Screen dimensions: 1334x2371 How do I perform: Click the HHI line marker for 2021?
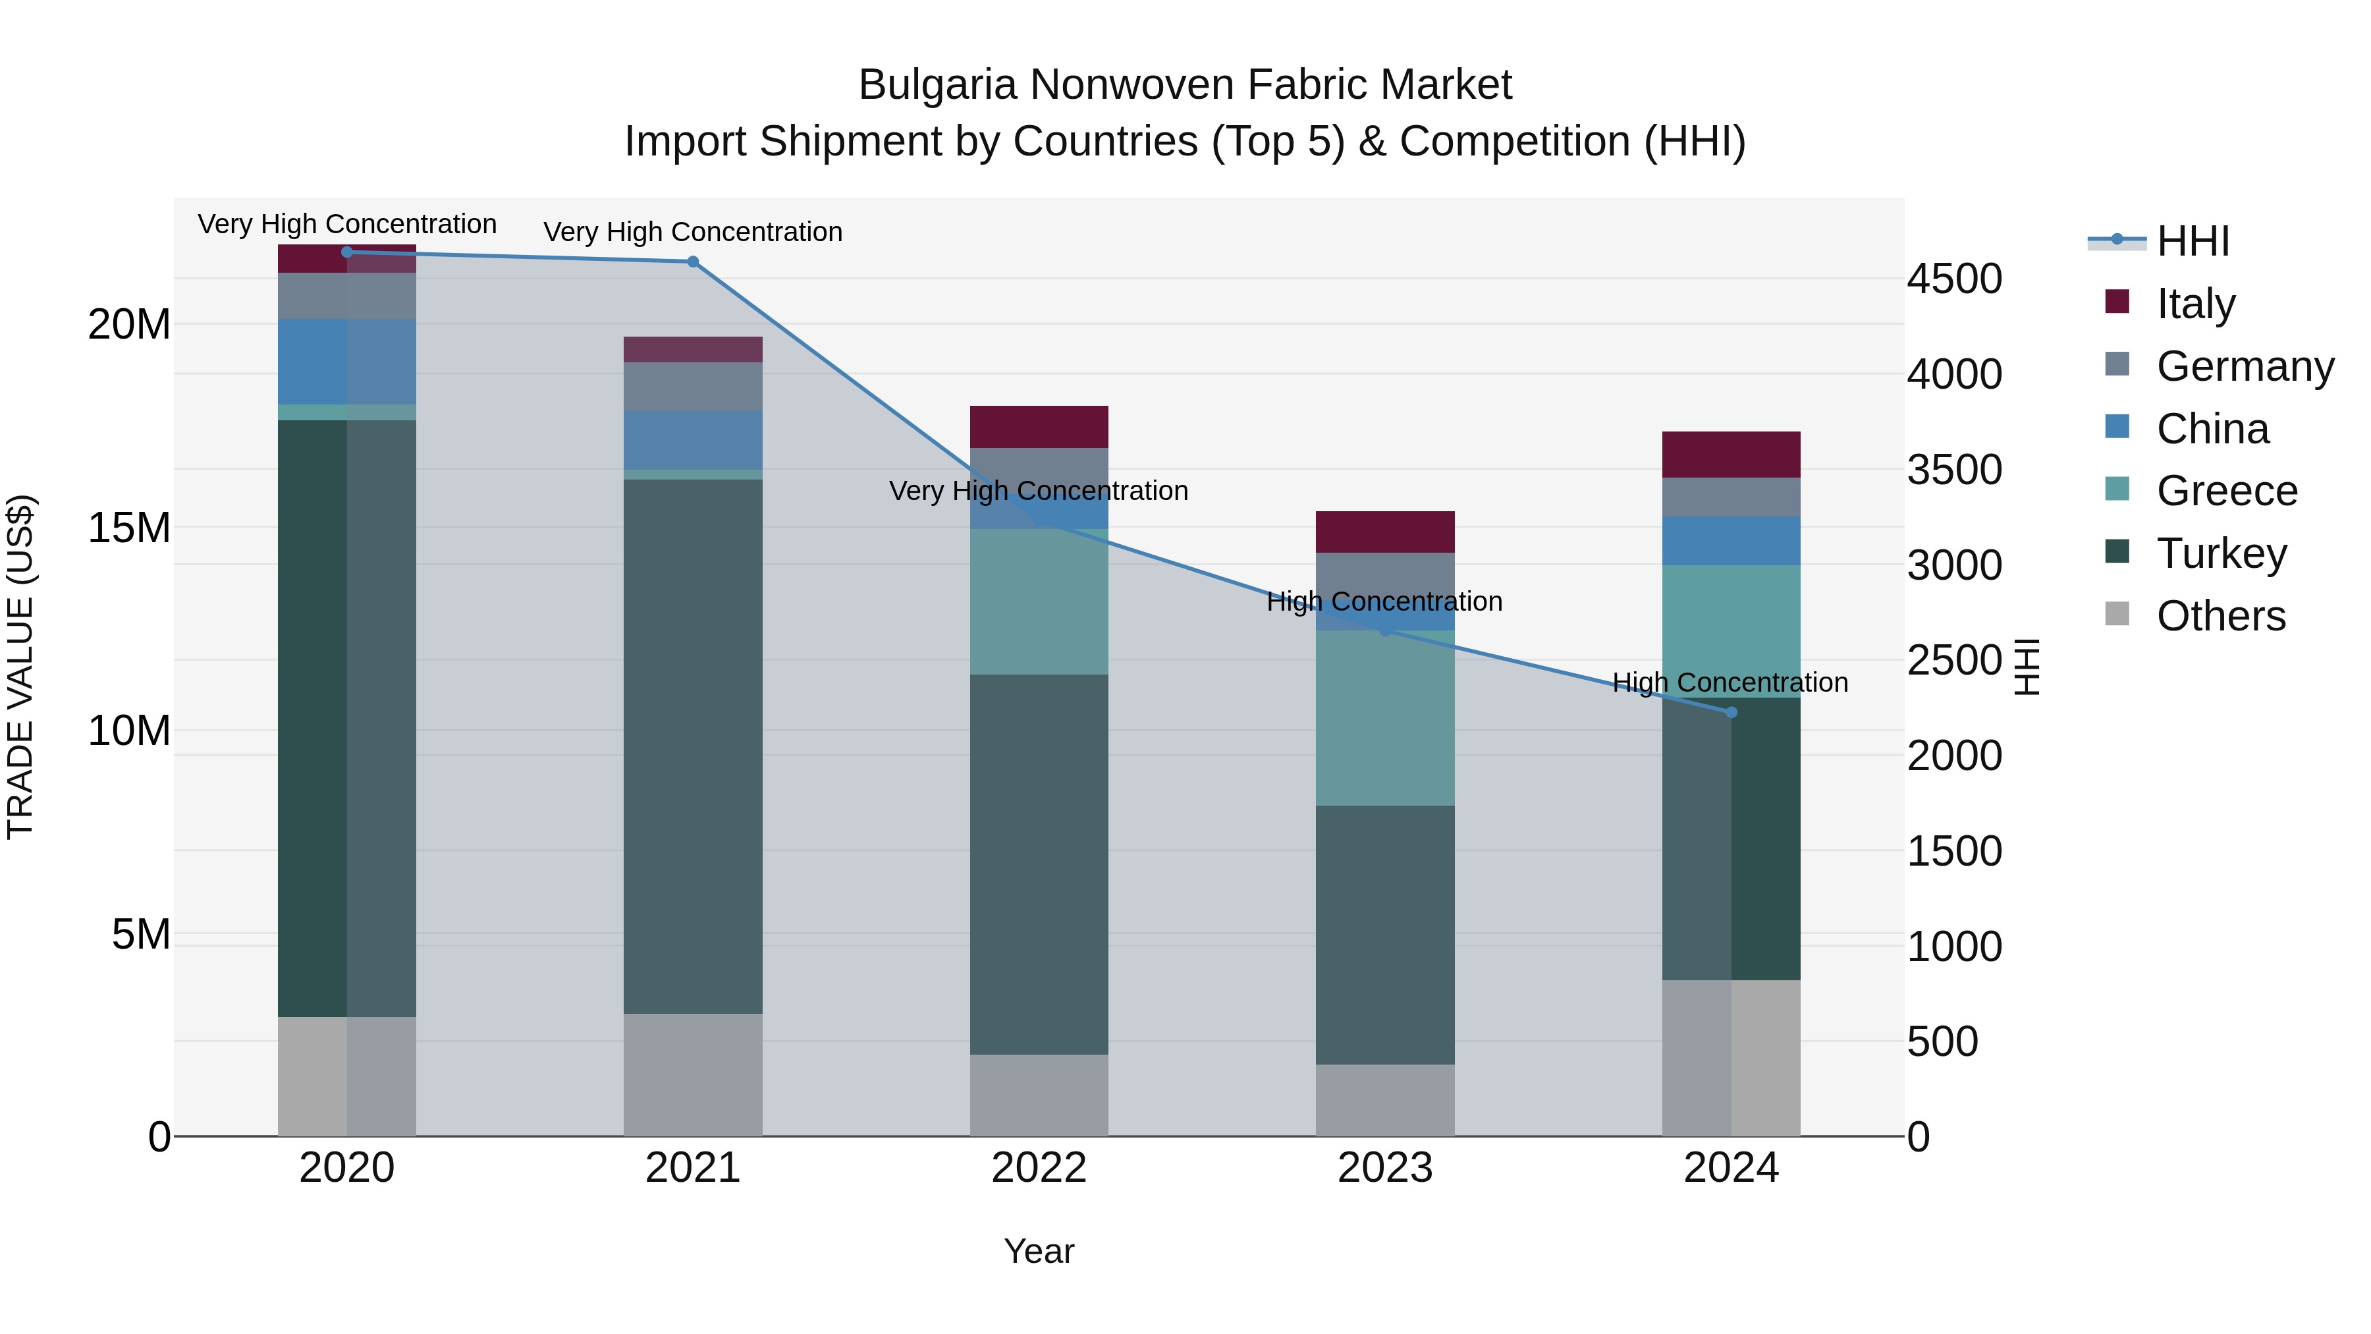coord(693,262)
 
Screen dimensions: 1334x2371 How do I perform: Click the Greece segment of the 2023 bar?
coord(1384,718)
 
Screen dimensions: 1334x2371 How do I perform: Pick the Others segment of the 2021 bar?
coord(693,1074)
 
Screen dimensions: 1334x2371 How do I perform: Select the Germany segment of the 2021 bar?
coord(693,386)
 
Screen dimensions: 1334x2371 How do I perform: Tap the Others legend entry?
coord(2220,615)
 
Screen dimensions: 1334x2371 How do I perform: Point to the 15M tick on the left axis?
coord(129,528)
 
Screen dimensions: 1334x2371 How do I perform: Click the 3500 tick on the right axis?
coord(1953,470)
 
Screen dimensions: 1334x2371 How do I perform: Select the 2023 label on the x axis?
coord(1384,1167)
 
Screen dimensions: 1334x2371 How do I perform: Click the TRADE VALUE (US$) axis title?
coord(20,667)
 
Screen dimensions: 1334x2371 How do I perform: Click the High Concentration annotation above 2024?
coord(1730,682)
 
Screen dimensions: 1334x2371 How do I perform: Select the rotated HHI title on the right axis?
coord(2027,667)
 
